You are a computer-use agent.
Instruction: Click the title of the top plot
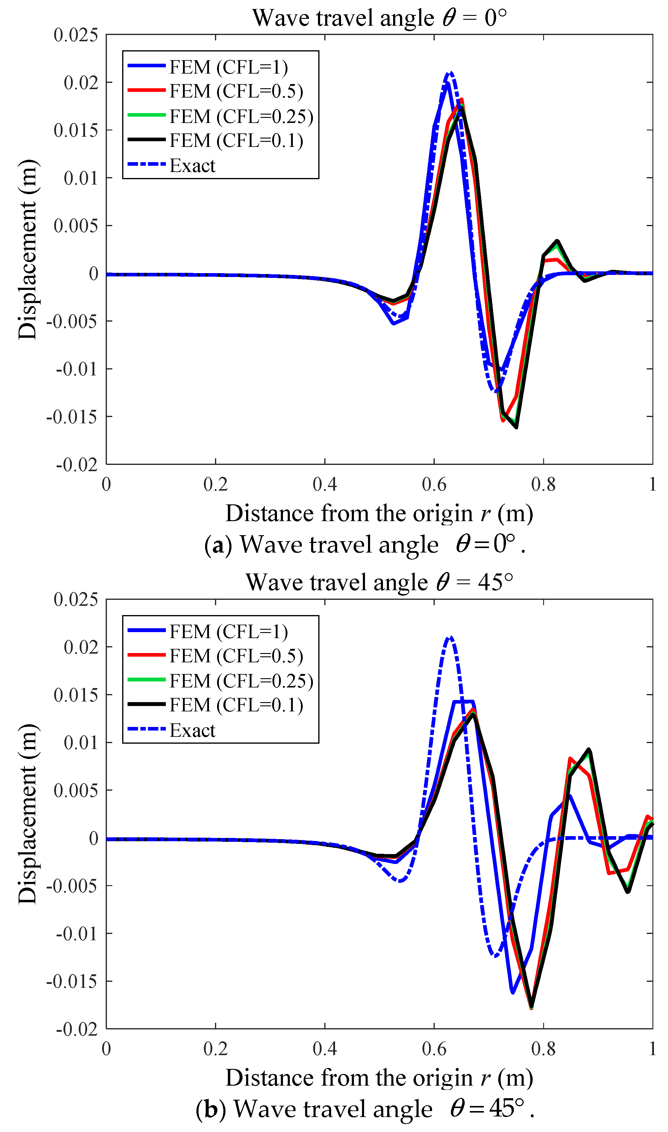pyautogui.click(x=379, y=18)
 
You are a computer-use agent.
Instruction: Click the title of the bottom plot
pyautogui.click(x=379, y=582)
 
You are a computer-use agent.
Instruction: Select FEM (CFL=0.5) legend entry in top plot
pyautogui.click(x=236, y=91)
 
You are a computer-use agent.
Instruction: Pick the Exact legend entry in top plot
pyautogui.click(x=192, y=165)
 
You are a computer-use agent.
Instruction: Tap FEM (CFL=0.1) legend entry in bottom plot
pyautogui.click(x=236, y=705)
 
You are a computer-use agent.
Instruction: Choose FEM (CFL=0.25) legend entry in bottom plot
pyautogui.click(x=241, y=681)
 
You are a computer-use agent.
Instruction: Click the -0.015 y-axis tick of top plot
pyautogui.click(x=72, y=417)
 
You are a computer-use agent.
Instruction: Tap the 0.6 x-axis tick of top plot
pyautogui.click(x=434, y=484)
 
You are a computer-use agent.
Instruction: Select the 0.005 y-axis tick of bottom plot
pyautogui.click(x=76, y=790)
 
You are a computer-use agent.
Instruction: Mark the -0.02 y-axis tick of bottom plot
pyautogui.click(x=77, y=1028)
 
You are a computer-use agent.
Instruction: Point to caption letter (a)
pyautogui.click(x=218, y=545)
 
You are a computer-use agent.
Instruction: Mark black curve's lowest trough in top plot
pyautogui.click(x=516, y=427)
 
